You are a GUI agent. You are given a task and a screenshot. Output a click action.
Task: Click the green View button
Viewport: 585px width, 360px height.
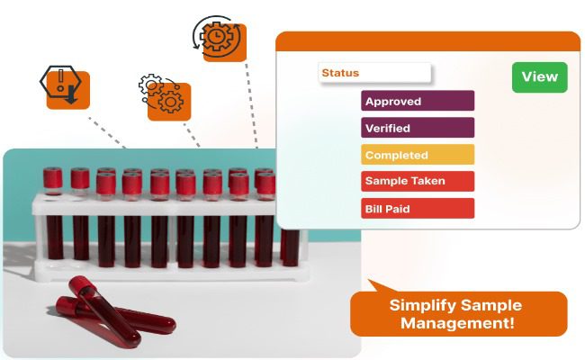[539, 76]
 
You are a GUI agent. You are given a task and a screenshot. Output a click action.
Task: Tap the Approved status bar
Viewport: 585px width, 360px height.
[418, 101]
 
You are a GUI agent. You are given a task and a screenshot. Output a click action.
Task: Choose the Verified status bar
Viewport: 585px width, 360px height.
[418, 128]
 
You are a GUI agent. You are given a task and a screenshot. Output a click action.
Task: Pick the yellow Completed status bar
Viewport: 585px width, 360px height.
[418, 155]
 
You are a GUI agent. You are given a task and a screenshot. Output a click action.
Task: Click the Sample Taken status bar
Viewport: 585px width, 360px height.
[418, 181]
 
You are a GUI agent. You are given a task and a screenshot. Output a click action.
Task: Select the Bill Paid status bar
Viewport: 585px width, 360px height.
[418, 208]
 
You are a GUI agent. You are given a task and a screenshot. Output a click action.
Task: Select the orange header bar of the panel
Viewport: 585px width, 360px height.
[427, 41]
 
